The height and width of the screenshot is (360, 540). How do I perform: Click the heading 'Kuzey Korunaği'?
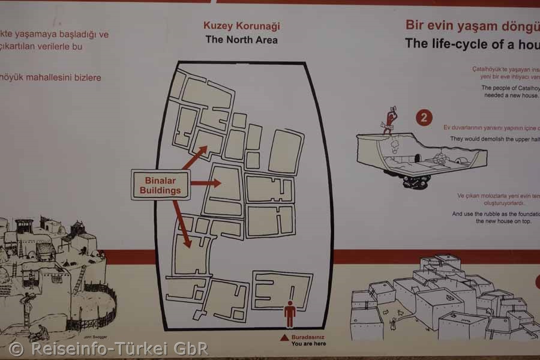[x=242, y=26]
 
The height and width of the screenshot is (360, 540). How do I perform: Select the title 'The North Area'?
[x=242, y=40]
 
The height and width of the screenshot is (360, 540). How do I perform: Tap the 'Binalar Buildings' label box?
[x=160, y=185]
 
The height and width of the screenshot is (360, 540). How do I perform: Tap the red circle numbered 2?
[x=424, y=118]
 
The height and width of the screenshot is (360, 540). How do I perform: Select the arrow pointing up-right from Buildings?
[x=194, y=157]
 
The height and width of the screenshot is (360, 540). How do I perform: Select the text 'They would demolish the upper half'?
[x=494, y=139]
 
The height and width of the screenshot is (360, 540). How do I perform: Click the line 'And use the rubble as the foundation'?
[x=496, y=214]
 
